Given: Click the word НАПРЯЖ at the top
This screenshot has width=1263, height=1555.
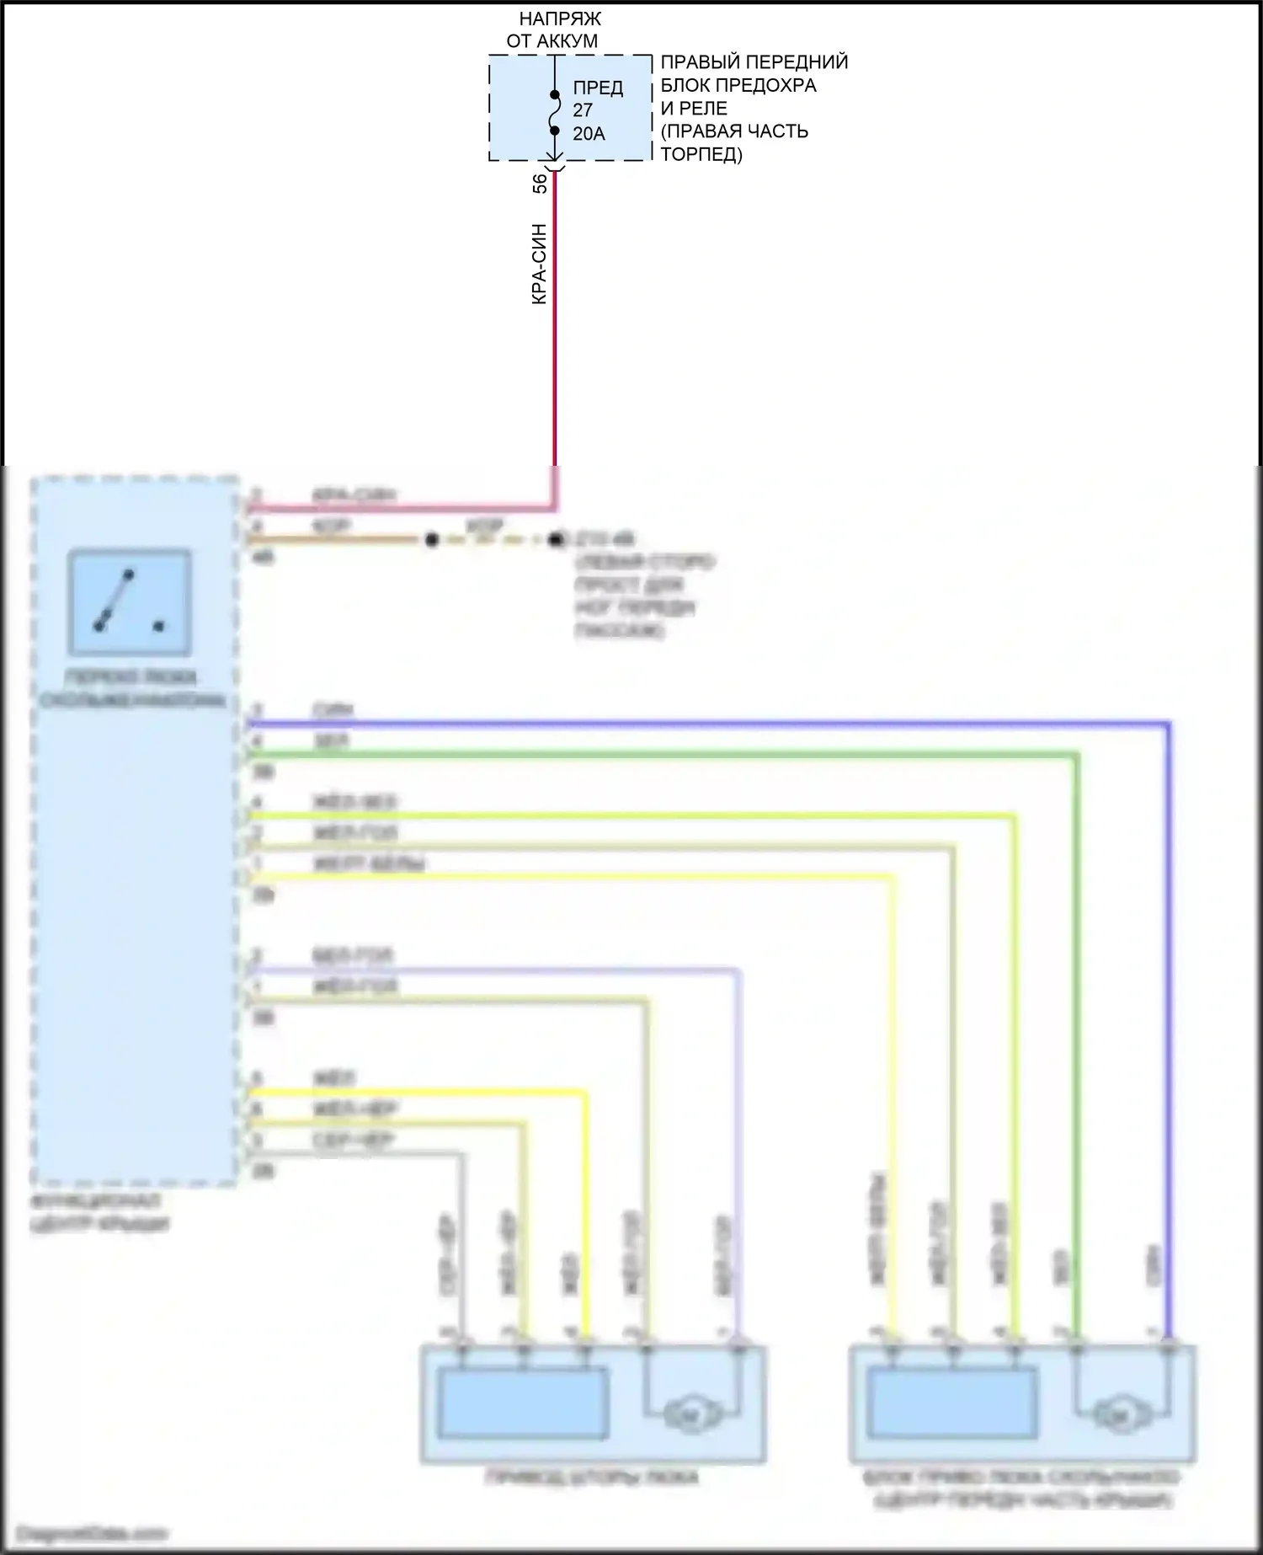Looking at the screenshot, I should pyautogui.click(x=560, y=19).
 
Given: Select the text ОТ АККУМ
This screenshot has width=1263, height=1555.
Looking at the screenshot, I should pyautogui.click(x=552, y=40).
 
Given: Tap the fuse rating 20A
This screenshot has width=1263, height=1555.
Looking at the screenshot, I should pyautogui.click(x=589, y=133).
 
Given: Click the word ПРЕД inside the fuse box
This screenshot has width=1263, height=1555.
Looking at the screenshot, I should pyautogui.click(x=598, y=88).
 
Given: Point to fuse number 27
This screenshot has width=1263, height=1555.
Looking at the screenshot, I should pyautogui.click(x=583, y=110).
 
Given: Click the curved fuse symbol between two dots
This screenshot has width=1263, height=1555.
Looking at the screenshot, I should pyautogui.click(x=555, y=112).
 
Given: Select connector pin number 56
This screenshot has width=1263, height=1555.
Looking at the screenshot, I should pyautogui.click(x=540, y=183).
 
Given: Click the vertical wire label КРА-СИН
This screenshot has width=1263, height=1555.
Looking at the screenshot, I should pyautogui.click(x=540, y=264).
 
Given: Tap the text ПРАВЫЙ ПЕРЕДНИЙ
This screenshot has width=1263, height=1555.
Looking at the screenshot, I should pyautogui.click(x=754, y=62).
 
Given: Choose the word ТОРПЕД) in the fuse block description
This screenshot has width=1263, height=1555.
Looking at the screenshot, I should pyautogui.click(x=701, y=155).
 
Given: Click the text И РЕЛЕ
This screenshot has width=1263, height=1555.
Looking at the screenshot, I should pyautogui.click(x=694, y=109).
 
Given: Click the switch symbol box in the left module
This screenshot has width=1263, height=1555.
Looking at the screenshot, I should pyautogui.click(x=130, y=602).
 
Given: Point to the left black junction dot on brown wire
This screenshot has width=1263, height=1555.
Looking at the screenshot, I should pyautogui.click(x=432, y=540).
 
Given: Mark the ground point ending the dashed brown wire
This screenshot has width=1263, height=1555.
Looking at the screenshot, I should pyautogui.click(x=556, y=540).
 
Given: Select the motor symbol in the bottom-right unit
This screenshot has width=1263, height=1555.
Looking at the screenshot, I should pyautogui.click(x=1120, y=1416).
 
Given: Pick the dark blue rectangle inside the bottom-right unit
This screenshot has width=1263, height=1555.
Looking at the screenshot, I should pyautogui.click(x=952, y=1403).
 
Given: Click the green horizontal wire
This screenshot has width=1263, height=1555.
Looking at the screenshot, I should pyautogui.click(x=657, y=756).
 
